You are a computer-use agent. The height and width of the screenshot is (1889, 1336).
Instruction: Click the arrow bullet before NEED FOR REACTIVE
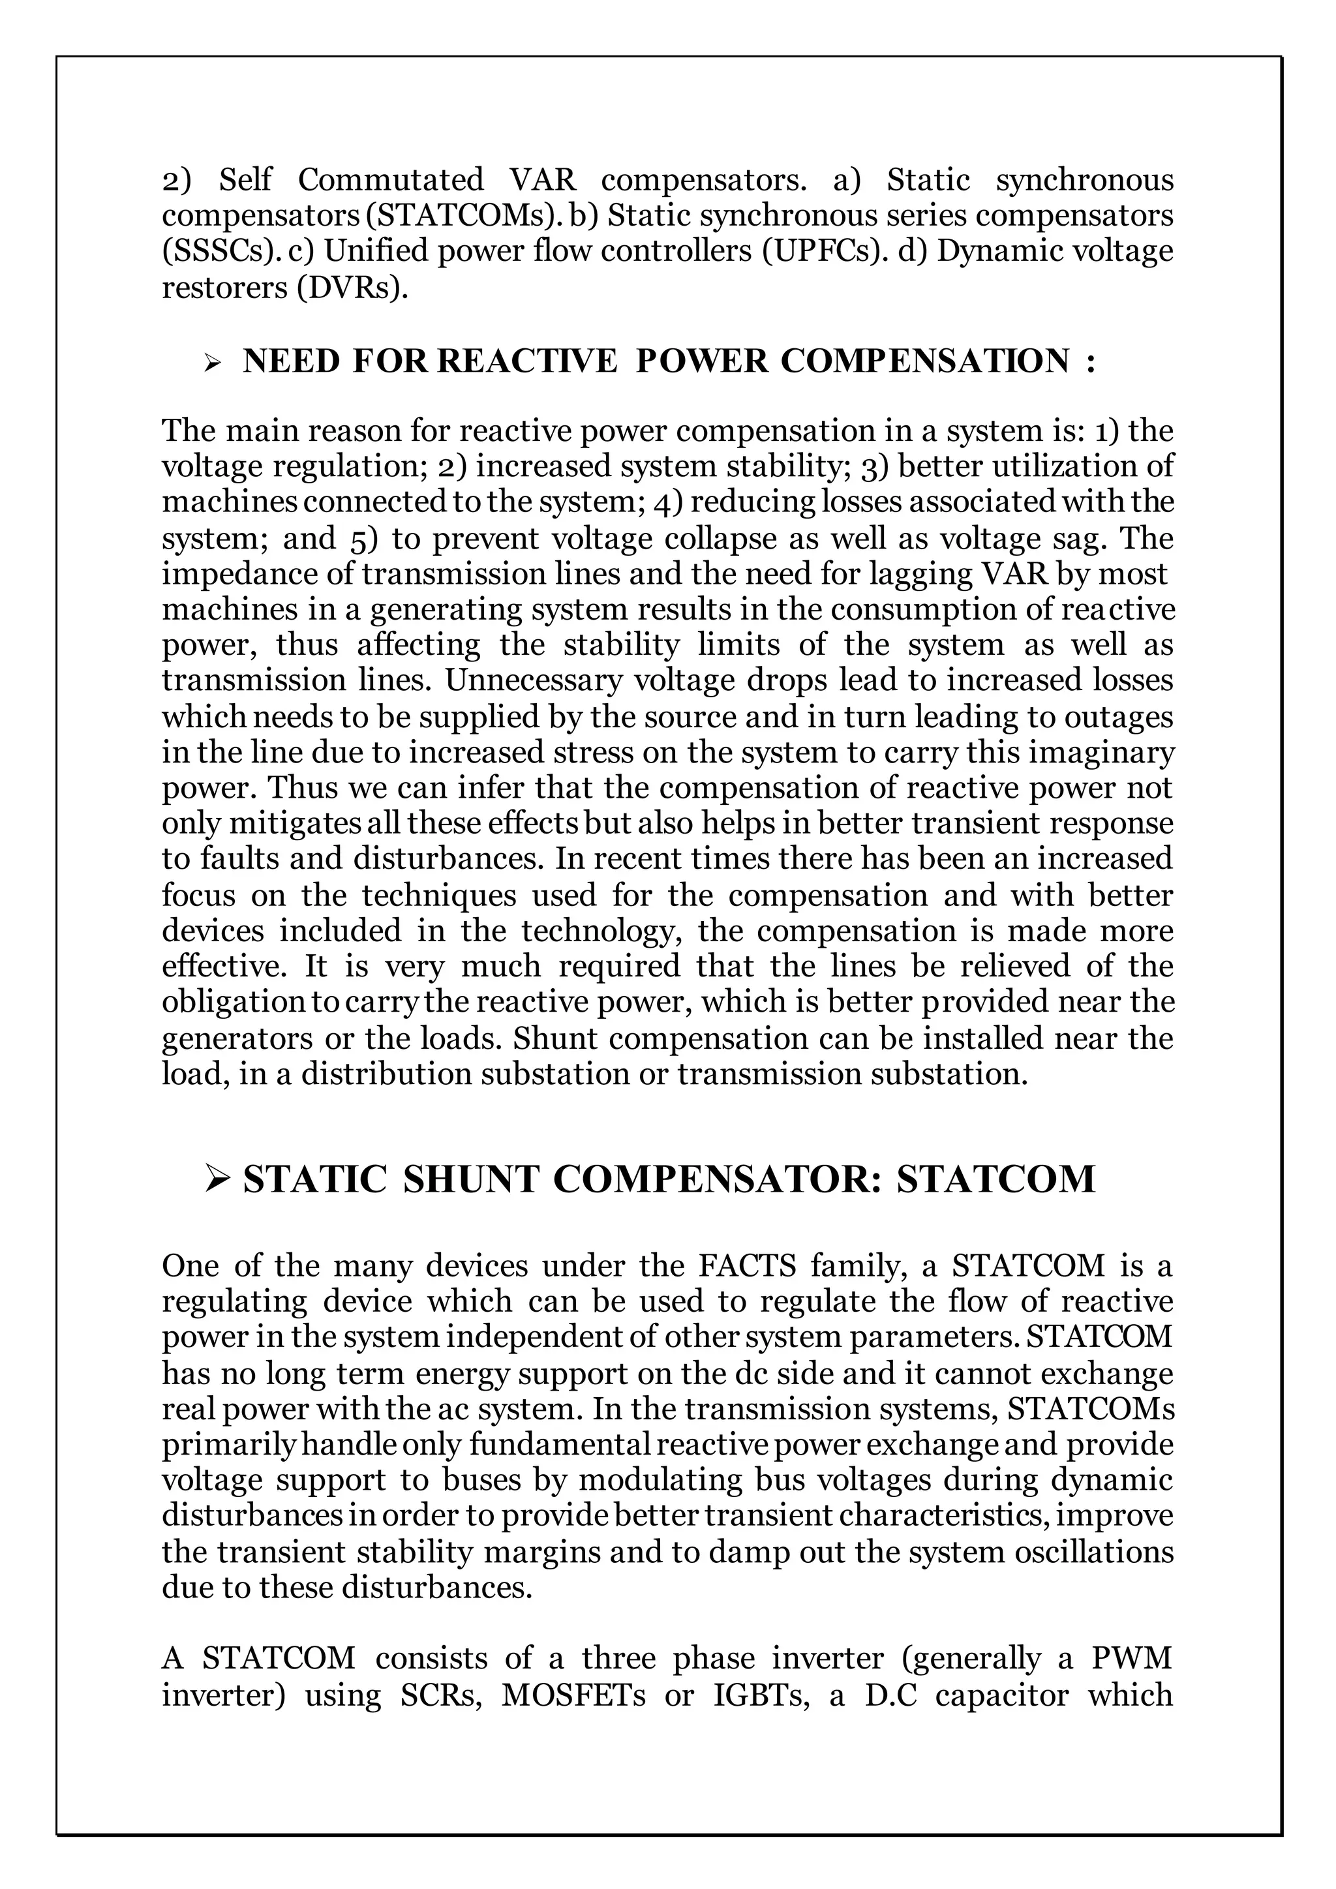213,361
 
